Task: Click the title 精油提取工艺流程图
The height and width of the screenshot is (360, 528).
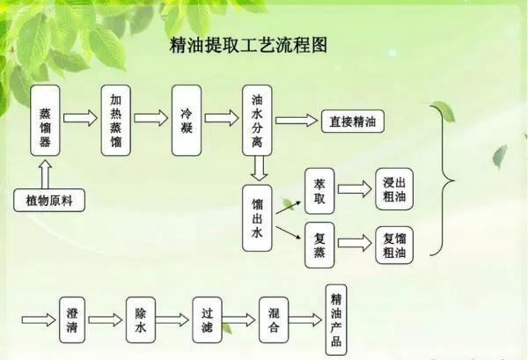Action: point(247,46)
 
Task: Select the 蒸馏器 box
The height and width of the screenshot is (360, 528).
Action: point(45,121)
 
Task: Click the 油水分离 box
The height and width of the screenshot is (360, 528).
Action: point(258,121)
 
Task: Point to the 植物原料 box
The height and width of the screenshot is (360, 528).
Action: point(49,200)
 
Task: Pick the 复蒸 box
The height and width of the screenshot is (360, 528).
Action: point(319,244)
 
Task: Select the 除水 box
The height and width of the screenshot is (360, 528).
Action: point(139,319)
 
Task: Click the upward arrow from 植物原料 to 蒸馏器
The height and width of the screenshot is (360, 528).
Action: point(45,171)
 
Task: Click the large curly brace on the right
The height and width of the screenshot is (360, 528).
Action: point(444,180)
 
